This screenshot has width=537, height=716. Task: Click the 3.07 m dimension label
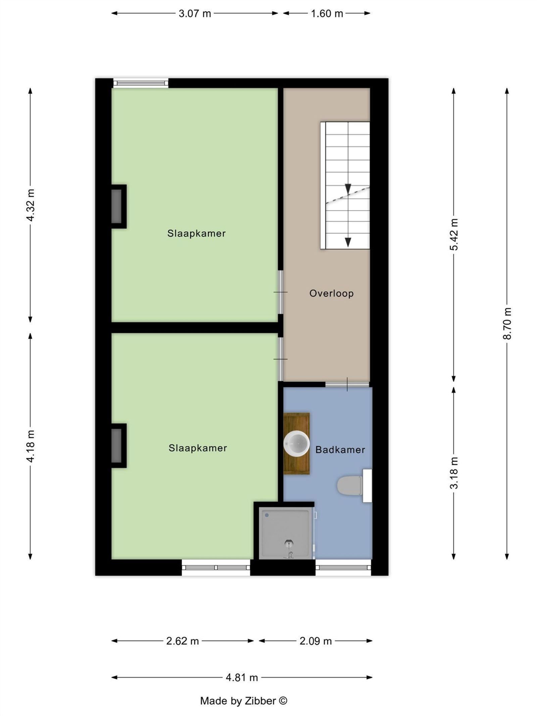pos(195,14)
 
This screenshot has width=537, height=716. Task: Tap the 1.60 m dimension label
pos(327,14)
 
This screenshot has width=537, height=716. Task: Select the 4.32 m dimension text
pos(31,205)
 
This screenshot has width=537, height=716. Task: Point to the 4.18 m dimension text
pos(31,446)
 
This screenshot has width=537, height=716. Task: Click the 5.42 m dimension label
pos(454,234)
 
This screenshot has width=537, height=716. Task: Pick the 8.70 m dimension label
pos(507,323)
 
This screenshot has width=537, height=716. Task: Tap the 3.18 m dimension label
pos(454,473)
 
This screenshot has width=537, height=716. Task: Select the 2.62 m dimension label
pos(183,641)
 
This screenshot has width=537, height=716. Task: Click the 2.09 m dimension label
pos(315,641)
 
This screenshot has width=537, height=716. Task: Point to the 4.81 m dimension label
pos(242,678)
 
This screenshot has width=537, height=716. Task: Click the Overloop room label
pos(331,293)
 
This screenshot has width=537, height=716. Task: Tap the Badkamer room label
pos(340,450)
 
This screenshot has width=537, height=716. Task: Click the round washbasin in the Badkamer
pos(296,443)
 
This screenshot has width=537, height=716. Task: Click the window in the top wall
pos(141,83)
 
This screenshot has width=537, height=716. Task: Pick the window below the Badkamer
pos(343,567)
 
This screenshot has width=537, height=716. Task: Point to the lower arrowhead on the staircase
pos(348,242)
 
